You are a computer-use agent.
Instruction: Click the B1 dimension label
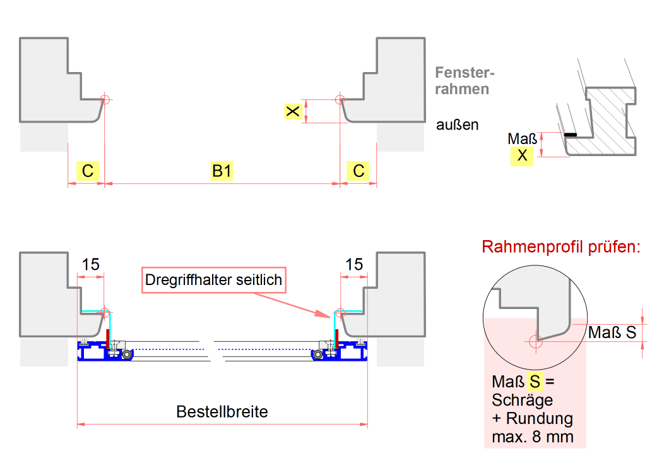pyautogui.click(x=221, y=171)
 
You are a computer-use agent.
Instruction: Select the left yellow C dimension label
pyautogui.click(x=88, y=171)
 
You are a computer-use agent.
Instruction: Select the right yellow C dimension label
pyautogui.click(x=358, y=171)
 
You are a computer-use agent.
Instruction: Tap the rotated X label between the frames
pyautogui.click(x=292, y=112)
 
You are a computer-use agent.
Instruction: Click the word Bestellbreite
pyautogui.click(x=222, y=412)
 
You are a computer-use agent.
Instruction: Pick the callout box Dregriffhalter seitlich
pyautogui.click(x=213, y=279)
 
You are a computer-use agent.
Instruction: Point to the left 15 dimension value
pyautogui.click(x=91, y=264)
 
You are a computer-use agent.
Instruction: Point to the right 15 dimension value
pyautogui.click(x=355, y=264)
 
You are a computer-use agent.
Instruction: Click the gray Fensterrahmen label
pyautogui.click(x=463, y=81)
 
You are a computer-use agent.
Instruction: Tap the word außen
pyautogui.click(x=458, y=125)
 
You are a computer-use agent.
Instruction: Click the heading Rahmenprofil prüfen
pyautogui.click(x=561, y=246)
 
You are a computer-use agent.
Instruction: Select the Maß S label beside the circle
pyautogui.click(x=612, y=332)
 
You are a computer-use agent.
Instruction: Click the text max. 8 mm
pyautogui.click(x=533, y=437)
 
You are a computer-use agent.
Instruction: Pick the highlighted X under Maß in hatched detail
pyautogui.click(x=522, y=155)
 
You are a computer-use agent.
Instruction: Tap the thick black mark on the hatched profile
pyautogui.click(x=571, y=135)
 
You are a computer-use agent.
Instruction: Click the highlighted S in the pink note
pyautogui.click(x=535, y=382)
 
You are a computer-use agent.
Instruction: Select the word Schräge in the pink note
pyautogui.click(x=523, y=400)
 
